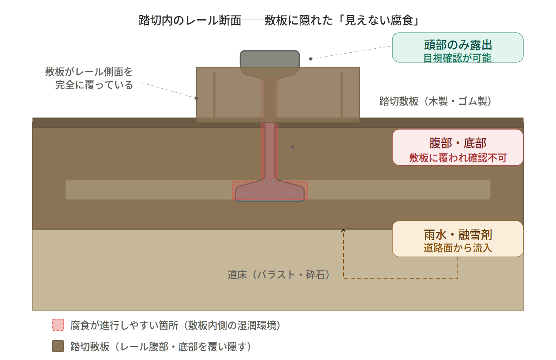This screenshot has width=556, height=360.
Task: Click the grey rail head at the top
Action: pos(270,59)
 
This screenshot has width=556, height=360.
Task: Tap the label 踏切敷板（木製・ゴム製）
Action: pos(435,101)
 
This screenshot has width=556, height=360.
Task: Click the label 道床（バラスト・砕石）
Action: pos(279,275)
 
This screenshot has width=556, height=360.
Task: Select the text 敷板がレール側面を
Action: pos(89,72)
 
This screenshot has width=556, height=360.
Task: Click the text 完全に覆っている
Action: pos(94,85)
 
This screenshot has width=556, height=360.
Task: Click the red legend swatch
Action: pos(58,325)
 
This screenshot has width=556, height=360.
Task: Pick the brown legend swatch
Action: pos(58,346)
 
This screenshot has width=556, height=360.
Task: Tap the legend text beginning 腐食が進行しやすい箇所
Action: pos(176,326)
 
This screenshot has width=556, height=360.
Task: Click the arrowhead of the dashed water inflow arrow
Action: pos(343,231)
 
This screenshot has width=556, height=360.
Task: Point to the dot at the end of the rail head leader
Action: pos(311,59)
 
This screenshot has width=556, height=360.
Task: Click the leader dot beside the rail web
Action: pos(293,147)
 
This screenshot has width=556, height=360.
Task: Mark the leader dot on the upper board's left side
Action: pos(196,98)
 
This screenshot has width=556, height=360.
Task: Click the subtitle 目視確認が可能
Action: pos(457,58)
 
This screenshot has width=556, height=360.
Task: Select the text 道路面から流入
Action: pos(457,248)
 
